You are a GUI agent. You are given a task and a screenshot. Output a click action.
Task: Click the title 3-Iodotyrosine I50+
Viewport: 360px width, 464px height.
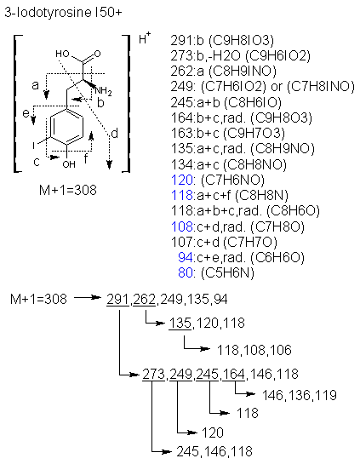pyautogui.click(x=63, y=13)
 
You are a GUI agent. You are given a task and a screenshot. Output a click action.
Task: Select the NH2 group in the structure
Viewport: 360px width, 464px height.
pyautogui.click(x=103, y=91)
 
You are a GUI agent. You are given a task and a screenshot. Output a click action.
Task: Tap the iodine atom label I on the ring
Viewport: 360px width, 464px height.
pyautogui.click(x=34, y=146)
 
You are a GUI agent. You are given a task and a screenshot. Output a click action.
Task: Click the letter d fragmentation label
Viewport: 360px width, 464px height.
pyautogui.click(x=114, y=134)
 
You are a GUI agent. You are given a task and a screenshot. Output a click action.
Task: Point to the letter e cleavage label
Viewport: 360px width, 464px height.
pyautogui.click(x=26, y=112)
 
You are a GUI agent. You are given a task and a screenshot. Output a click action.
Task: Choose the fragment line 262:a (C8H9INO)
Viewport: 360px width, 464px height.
pyautogui.click(x=223, y=71)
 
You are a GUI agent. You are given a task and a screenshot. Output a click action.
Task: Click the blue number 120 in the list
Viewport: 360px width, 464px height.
pyautogui.click(x=182, y=180)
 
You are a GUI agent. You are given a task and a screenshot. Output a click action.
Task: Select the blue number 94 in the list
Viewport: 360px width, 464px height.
pyautogui.click(x=186, y=257)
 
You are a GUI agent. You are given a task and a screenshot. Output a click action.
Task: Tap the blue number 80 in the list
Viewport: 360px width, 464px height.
pyautogui.click(x=186, y=272)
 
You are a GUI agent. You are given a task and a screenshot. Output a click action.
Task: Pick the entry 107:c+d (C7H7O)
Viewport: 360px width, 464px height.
pyautogui.click(x=224, y=242)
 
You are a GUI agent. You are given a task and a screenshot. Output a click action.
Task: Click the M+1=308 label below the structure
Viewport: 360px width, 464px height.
pyautogui.click(x=68, y=190)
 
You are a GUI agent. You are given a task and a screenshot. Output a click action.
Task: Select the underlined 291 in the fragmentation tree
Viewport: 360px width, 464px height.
pyautogui.click(x=117, y=299)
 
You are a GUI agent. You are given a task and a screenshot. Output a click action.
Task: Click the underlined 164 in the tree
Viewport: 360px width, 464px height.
pyautogui.click(x=234, y=374)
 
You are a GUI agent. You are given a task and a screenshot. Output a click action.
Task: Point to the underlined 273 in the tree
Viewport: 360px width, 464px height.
pyautogui.click(x=153, y=374)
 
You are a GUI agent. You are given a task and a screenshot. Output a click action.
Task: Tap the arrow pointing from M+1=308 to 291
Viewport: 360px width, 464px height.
pyautogui.click(x=88, y=297)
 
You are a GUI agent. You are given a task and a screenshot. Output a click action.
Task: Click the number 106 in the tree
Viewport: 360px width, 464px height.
pyautogui.click(x=281, y=350)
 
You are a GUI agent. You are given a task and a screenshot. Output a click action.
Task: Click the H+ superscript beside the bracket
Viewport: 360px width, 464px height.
pyautogui.click(x=145, y=37)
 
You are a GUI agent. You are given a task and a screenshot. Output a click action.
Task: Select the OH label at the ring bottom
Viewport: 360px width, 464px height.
pyautogui.click(x=69, y=164)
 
